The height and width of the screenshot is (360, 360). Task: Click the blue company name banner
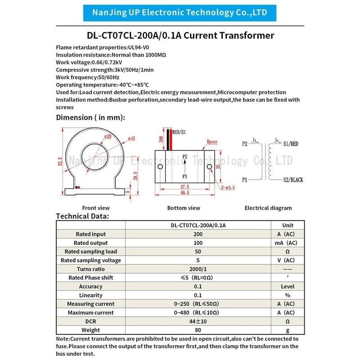[180, 13]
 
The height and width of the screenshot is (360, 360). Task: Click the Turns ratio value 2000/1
[198, 269]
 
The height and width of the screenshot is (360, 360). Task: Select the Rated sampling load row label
[90, 252]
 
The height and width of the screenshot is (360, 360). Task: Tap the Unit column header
[288, 225]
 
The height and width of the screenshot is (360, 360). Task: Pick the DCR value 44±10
[198, 321]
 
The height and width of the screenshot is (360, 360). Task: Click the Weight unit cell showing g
[288, 330]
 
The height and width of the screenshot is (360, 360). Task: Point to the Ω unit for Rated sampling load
[288, 252]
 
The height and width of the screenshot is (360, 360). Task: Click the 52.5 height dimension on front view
[60, 161]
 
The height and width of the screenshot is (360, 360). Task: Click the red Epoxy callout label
[212, 142]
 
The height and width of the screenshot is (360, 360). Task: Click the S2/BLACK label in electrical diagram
[292, 180]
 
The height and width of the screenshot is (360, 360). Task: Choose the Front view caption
[96, 208]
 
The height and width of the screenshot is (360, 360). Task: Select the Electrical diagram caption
[268, 208]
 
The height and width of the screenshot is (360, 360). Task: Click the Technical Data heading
[82, 216]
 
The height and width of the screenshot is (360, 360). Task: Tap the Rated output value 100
[198, 243]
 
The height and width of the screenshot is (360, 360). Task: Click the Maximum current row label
[90, 312]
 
